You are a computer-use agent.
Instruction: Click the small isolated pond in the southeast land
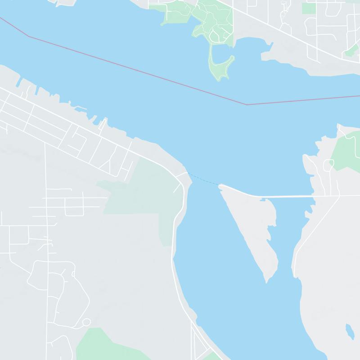point(349,331)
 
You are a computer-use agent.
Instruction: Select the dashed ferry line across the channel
point(204,179)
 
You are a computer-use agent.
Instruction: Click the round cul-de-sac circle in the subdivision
point(86,322)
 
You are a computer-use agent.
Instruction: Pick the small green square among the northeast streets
point(309,8)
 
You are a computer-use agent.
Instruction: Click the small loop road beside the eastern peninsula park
point(328,165)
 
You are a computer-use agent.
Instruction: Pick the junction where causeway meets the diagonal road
point(339,196)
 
